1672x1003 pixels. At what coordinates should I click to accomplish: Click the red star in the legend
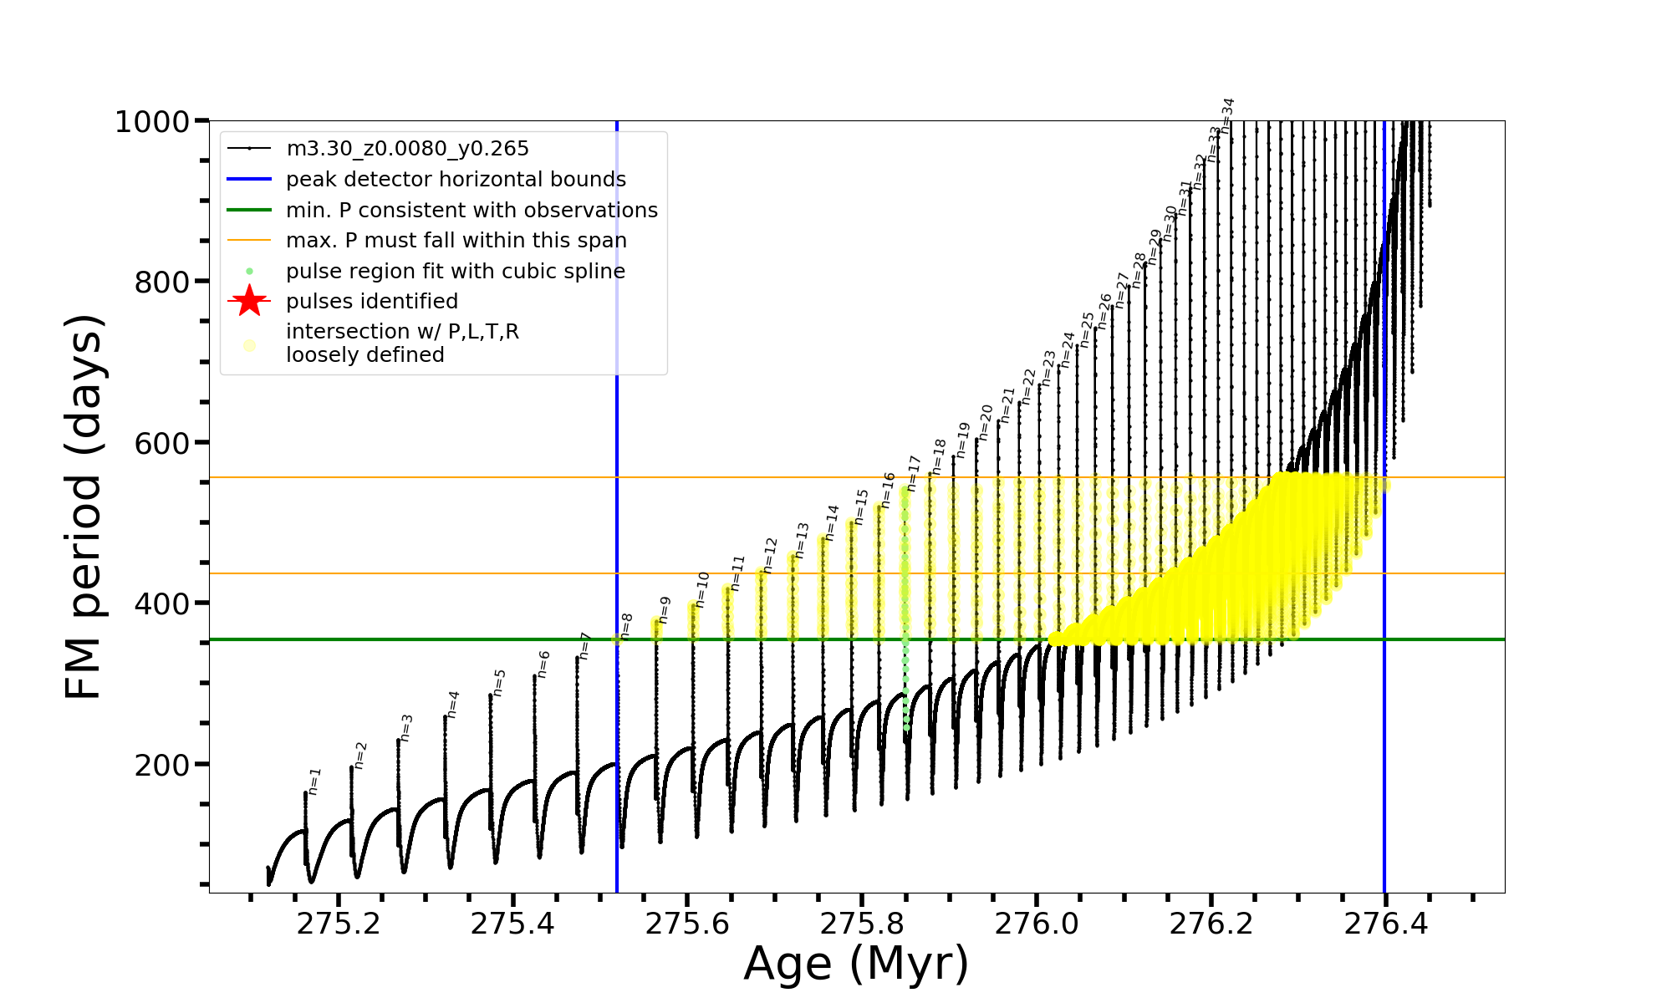(x=249, y=301)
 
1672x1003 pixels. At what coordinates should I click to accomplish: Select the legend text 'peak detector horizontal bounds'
(x=456, y=180)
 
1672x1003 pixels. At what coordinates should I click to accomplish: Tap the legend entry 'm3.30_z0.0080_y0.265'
(x=407, y=149)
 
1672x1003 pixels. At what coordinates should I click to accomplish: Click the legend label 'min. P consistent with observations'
(x=472, y=210)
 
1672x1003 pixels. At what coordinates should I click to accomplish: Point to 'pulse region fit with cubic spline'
(x=455, y=271)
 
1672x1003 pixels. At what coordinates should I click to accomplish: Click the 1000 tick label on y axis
(x=152, y=122)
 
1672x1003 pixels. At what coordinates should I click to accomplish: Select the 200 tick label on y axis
(x=162, y=765)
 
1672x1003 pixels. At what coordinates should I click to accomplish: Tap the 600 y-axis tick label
(x=162, y=443)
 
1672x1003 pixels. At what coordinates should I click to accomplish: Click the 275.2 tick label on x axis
(x=339, y=924)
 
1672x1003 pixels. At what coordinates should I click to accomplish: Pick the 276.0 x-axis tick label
(x=1037, y=924)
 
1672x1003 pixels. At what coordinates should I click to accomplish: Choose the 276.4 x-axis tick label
(x=1385, y=924)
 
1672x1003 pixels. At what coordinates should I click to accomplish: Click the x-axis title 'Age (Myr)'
(x=856, y=964)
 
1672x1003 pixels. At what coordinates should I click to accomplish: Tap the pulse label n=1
(x=314, y=781)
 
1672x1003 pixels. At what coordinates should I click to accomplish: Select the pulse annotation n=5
(x=499, y=683)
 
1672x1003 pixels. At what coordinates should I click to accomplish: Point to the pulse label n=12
(x=770, y=555)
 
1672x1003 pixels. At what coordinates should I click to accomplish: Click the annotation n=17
(x=914, y=473)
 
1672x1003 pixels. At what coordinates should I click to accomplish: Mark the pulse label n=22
(x=1028, y=387)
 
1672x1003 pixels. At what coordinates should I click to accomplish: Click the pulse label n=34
(x=1227, y=115)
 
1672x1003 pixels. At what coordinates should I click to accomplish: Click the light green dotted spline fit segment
(x=906, y=685)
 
